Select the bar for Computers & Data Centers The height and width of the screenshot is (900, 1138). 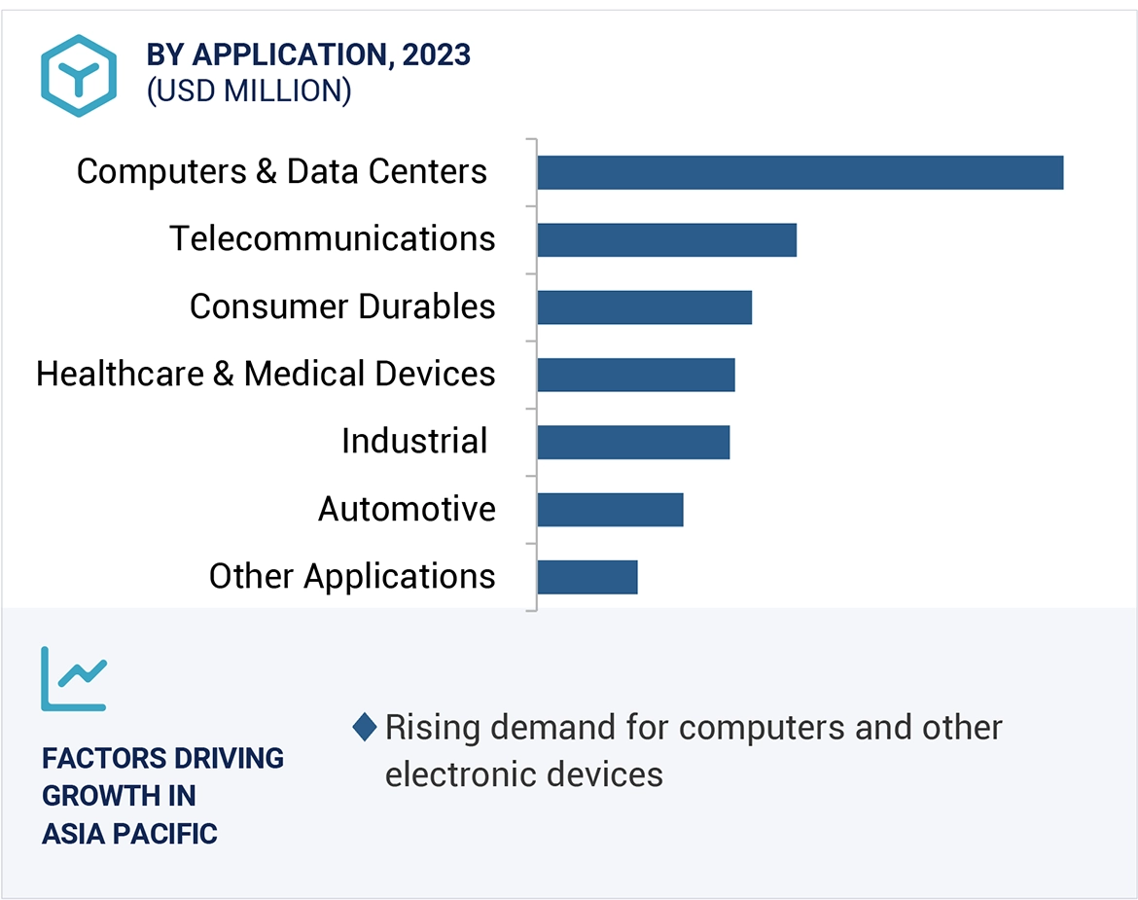800,172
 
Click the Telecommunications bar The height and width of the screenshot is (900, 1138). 666,239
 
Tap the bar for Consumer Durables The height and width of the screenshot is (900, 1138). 644,307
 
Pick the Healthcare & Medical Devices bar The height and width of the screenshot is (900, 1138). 635,375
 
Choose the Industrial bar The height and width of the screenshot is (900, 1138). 632,442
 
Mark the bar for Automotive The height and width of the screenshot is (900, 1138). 610,509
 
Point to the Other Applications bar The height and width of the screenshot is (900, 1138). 587,577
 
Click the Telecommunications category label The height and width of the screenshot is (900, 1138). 333,238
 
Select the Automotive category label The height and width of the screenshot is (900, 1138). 407,509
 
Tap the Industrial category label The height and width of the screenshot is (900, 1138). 414,442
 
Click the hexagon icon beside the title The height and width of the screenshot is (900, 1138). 78,75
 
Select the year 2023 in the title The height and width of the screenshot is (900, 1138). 436,55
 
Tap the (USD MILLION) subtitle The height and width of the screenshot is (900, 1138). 248,90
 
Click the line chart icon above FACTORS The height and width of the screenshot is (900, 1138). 74,677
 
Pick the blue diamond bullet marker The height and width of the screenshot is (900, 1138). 365,728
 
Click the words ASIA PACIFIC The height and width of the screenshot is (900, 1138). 129,834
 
